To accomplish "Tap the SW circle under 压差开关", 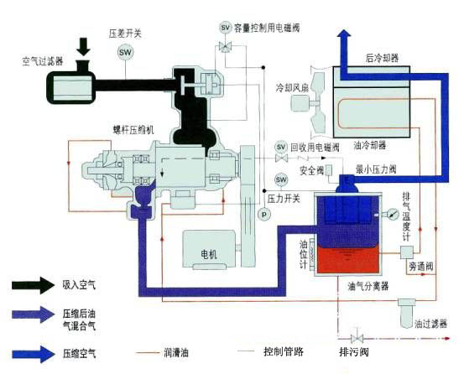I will [125, 52].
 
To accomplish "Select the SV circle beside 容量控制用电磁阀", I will [225, 27].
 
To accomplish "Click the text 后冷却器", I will [382, 60].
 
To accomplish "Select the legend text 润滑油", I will [181, 353].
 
